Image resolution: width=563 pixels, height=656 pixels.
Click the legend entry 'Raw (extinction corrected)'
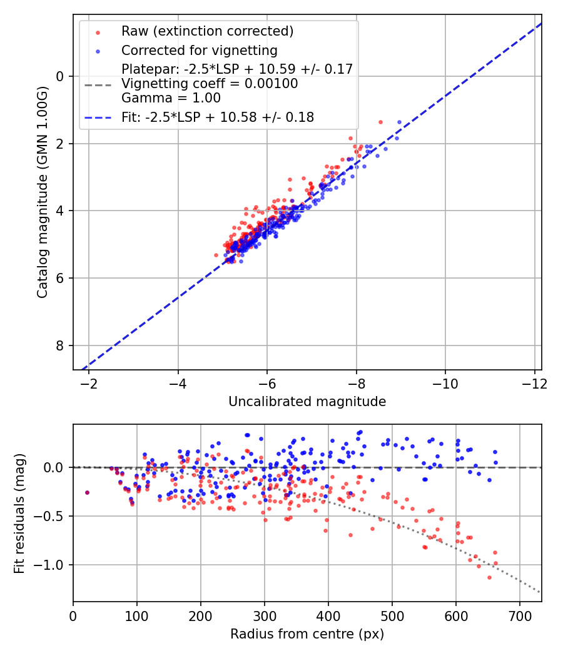click(x=207, y=31)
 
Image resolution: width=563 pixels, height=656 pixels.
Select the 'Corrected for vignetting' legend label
click(x=199, y=50)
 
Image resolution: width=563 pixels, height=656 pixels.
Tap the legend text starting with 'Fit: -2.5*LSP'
click(x=218, y=117)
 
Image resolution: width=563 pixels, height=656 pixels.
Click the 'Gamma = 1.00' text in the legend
click(x=171, y=97)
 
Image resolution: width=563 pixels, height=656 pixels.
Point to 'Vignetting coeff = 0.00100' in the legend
click(x=210, y=83)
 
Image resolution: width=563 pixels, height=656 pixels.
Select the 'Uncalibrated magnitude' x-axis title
click(x=307, y=402)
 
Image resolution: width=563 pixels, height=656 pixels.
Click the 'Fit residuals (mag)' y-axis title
click(x=19, y=513)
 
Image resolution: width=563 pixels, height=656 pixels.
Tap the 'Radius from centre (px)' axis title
click(x=307, y=634)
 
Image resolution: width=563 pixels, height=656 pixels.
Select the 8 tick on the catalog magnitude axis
click(x=61, y=345)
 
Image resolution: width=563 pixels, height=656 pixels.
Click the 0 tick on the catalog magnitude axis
click(x=61, y=76)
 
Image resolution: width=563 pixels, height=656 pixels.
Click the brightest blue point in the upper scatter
click(x=399, y=122)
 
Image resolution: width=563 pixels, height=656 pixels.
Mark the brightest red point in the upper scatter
click(x=380, y=122)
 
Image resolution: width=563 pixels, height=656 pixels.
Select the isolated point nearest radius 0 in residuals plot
click(x=87, y=492)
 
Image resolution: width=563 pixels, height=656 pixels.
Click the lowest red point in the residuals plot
click(x=489, y=577)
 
